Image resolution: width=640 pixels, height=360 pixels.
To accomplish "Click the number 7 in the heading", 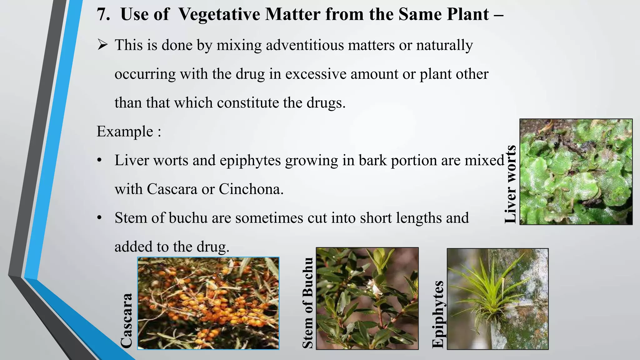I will pyautogui.click(x=103, y=14).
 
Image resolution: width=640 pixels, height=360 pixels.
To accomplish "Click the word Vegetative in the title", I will pyautogui.click(x=219, y=14).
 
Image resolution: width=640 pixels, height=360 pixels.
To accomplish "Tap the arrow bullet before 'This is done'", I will pyautogui.click(x=102, y=45).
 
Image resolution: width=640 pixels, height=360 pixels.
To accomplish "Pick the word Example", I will pyautogui.click(x=125, y=131).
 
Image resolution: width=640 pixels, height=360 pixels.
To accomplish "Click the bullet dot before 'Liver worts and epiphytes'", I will pyautogui.click(x=99, y=161).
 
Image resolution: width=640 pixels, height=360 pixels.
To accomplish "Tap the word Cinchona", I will pyautogui.click(x=251, y=189).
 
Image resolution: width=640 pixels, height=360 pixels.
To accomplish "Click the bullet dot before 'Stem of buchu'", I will pyautogui.click(x=99, y=218).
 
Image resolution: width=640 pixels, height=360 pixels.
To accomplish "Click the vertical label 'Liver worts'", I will pyautogui.click(x=510, y=184).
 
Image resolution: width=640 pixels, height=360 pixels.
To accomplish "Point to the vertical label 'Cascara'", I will pyautogui.click(x=127, y=321).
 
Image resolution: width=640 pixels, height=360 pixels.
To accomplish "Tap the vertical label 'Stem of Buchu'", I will pyautogui.click(x=308, y=302).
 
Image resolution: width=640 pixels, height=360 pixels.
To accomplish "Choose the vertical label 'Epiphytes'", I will pyautogui.click(x=438, y=314).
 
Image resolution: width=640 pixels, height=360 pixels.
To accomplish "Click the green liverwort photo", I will pyautogui.click(x=576, y=172).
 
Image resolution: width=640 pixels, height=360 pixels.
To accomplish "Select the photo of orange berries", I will pyautogui.click(x=208, y=303).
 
